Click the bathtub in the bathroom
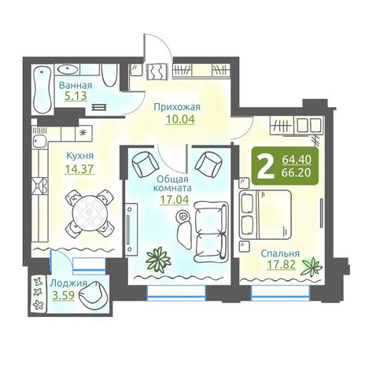pyautogui.click(x=42, y=89)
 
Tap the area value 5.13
pyautogui.click(x=76, y=96)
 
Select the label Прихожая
pyautogui.click(x=177, y=107)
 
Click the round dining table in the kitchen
pyautogui.click(x=90, y=212)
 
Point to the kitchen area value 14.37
pyautogui.click(x=79, y=169)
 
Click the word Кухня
pyautogui.click(x=80, y=156)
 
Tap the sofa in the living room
pyautogui.click(x=211, y=231)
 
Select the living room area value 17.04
pyautogui.click(x=175, y=200)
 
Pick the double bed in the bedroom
pyautogui.click(x=265, y=215)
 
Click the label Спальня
pyautogui.click(x=280, y=253)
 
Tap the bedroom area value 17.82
pyautogui.click(x=281, y=264)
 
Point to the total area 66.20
pyautogui.click(x=297, y=172)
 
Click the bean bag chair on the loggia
pyautogui.click(x=93, y=294)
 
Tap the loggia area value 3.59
pyautogui.click(x=64, y=296)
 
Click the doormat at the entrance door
pyautogui.click(x=158, y=72)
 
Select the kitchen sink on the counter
pyautogui.click(x=40, y=142)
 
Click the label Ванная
pyautogui.click(x=76, y=85)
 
